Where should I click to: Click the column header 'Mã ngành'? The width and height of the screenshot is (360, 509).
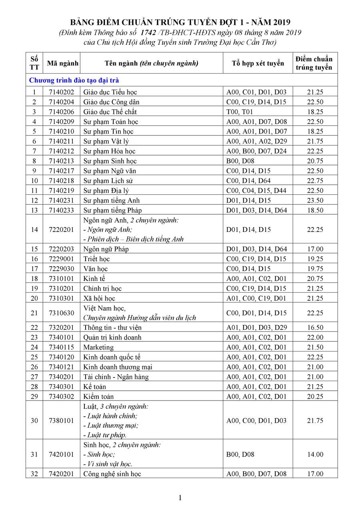click(x=62, y=63)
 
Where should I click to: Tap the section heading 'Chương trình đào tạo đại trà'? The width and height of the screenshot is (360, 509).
click(x=74, y=80)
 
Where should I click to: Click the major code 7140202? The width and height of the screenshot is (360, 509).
click(x=62, y=92)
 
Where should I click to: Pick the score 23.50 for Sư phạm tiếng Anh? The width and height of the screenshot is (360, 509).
click(x=315, y=200)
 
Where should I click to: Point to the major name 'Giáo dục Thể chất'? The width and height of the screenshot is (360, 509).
click(x=110, y=112)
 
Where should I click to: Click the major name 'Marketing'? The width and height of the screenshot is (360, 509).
click(x=98, y=347)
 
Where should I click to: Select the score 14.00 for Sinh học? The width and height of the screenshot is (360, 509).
click(x=315, y=455)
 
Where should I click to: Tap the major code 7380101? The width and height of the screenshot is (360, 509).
click(x=62, y=421)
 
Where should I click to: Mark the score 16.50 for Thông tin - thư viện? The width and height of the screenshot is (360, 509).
click(x=315, y=327)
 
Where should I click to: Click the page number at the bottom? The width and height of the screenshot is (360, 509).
click(x=180, y=498)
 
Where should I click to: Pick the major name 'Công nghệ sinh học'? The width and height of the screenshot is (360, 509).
click(x=112, y=474)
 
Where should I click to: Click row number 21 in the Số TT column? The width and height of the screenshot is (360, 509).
click(x=34, y=313)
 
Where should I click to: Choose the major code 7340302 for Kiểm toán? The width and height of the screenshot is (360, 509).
click(x=62, y=396)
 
